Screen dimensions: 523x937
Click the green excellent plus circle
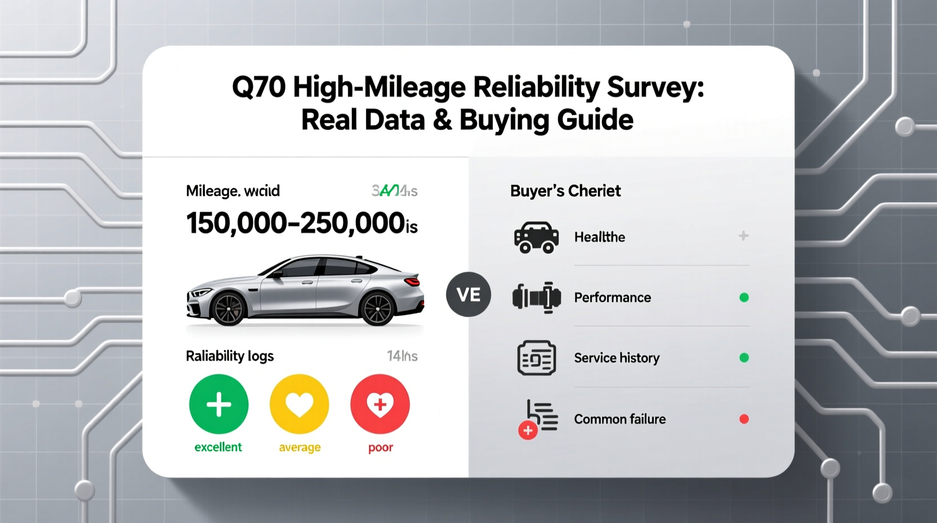(218, 404)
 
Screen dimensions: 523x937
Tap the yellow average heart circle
(299, 404)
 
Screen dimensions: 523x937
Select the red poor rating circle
(380, 404)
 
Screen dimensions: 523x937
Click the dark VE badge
(468, 294)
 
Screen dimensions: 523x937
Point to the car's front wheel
(229, 308)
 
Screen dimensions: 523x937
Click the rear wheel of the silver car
(377, 309)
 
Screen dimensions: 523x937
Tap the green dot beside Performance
(744, 298)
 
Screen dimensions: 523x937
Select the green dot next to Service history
(744, 358)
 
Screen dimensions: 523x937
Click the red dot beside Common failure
(744, 419)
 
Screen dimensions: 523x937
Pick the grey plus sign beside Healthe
(743, 236)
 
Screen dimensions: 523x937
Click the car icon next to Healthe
(536, 237)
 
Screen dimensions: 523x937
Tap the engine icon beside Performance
(536, 298)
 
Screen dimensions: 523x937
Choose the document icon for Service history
(536, 358)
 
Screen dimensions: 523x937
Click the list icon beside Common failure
(541, 417)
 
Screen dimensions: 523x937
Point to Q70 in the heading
(259, 88)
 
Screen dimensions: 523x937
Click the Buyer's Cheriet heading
(565, 191)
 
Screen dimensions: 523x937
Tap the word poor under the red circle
(381, 447)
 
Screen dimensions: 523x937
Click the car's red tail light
(413, 281)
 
